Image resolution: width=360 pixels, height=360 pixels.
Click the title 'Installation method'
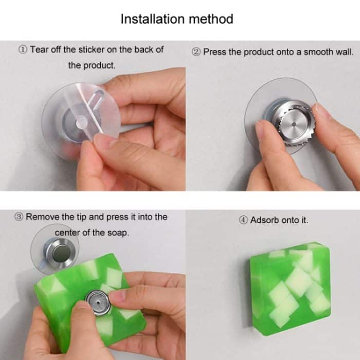tap(176, 19)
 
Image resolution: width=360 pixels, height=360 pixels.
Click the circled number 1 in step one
tap(23, 50)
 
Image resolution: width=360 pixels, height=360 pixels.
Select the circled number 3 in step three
tap(19, 217)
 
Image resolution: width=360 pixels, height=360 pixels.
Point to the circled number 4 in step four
tap(243, 220)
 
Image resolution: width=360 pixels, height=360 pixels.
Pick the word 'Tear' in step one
tap(39, 50)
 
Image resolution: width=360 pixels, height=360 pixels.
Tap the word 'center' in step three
tap(68, 232)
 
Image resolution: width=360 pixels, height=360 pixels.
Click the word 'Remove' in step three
tap(42, 217)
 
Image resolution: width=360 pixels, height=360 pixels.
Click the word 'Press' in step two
tap(214, 52)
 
